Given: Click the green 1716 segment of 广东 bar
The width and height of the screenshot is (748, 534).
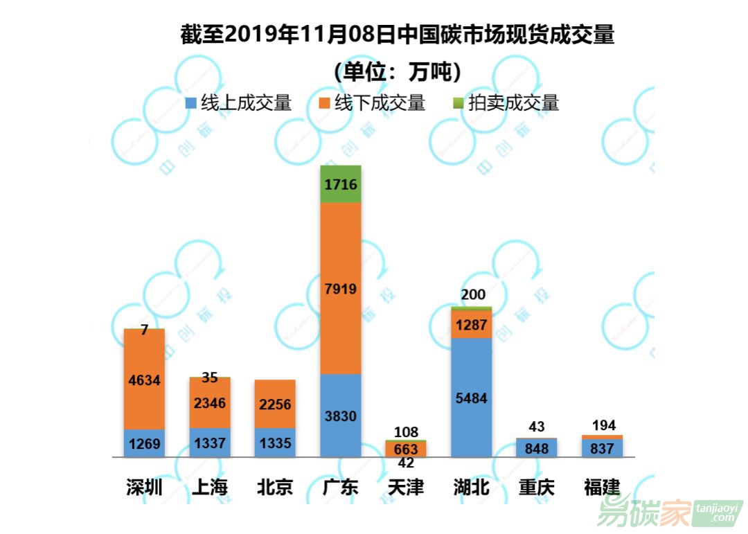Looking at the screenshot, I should pyautogui.click(x=341, y=184).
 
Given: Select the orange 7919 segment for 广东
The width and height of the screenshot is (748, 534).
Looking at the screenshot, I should pyautogui.click(x=341, y=288).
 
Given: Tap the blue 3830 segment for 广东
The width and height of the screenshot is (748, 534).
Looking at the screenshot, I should pyautogui.click(x=341, y=416).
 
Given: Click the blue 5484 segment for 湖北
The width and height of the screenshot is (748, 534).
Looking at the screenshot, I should pyautogui.click(x=471, y=398).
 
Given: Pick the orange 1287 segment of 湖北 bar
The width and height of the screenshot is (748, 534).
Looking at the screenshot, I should pyautogui.click(x=471, y=324).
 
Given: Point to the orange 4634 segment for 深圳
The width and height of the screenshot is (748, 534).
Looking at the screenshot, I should pyautogui.click(x=144, y=379).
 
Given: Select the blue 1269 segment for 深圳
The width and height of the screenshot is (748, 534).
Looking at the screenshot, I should pyautogui.click(x=144, y=443).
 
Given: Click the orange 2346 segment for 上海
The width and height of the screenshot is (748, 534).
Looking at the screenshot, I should pyautogui.click(x=210, y=403).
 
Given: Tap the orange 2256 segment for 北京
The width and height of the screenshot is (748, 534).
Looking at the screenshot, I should pyautogui.click(x=275, y=404).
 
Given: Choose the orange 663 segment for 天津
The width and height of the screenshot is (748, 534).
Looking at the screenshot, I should pyautogui.click(x=406, y=449).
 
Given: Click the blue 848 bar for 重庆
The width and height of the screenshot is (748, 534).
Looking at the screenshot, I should pyautogui.click(x=536, y=448).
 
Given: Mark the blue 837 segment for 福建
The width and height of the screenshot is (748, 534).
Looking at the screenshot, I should pyautogui.click(x=602, y=448).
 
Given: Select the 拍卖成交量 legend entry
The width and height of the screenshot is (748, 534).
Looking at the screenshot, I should pyautogui.click(x=506, y=104).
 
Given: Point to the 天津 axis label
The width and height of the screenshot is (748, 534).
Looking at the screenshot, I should pyautogui.click(x=406, y=487).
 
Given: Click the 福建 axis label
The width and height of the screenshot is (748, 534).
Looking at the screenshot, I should pyautogui.click(x=602, y=487).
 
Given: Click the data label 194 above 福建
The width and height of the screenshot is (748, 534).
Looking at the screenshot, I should pyautogui.click(x=602, y=425).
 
